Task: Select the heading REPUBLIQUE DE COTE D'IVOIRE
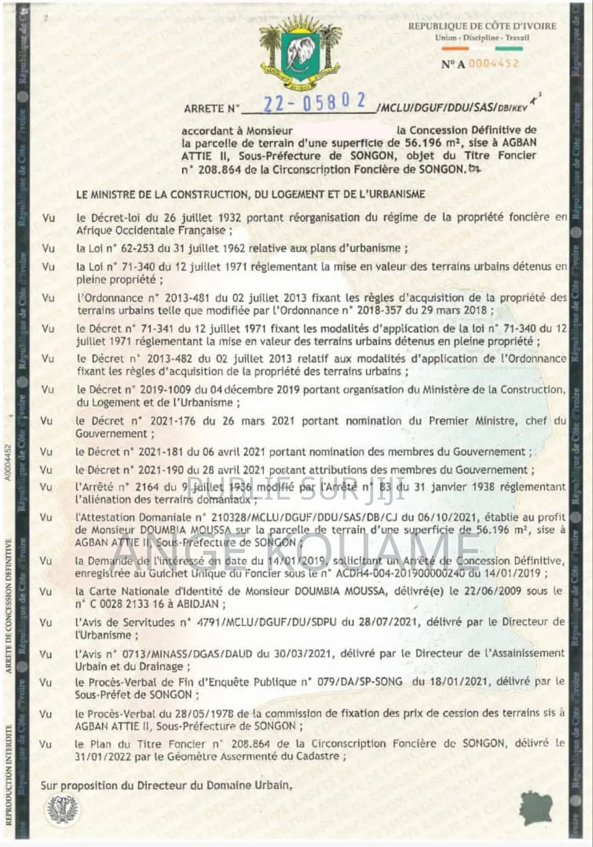482,26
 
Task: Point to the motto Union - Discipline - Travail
482,38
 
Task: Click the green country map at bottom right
536,807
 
